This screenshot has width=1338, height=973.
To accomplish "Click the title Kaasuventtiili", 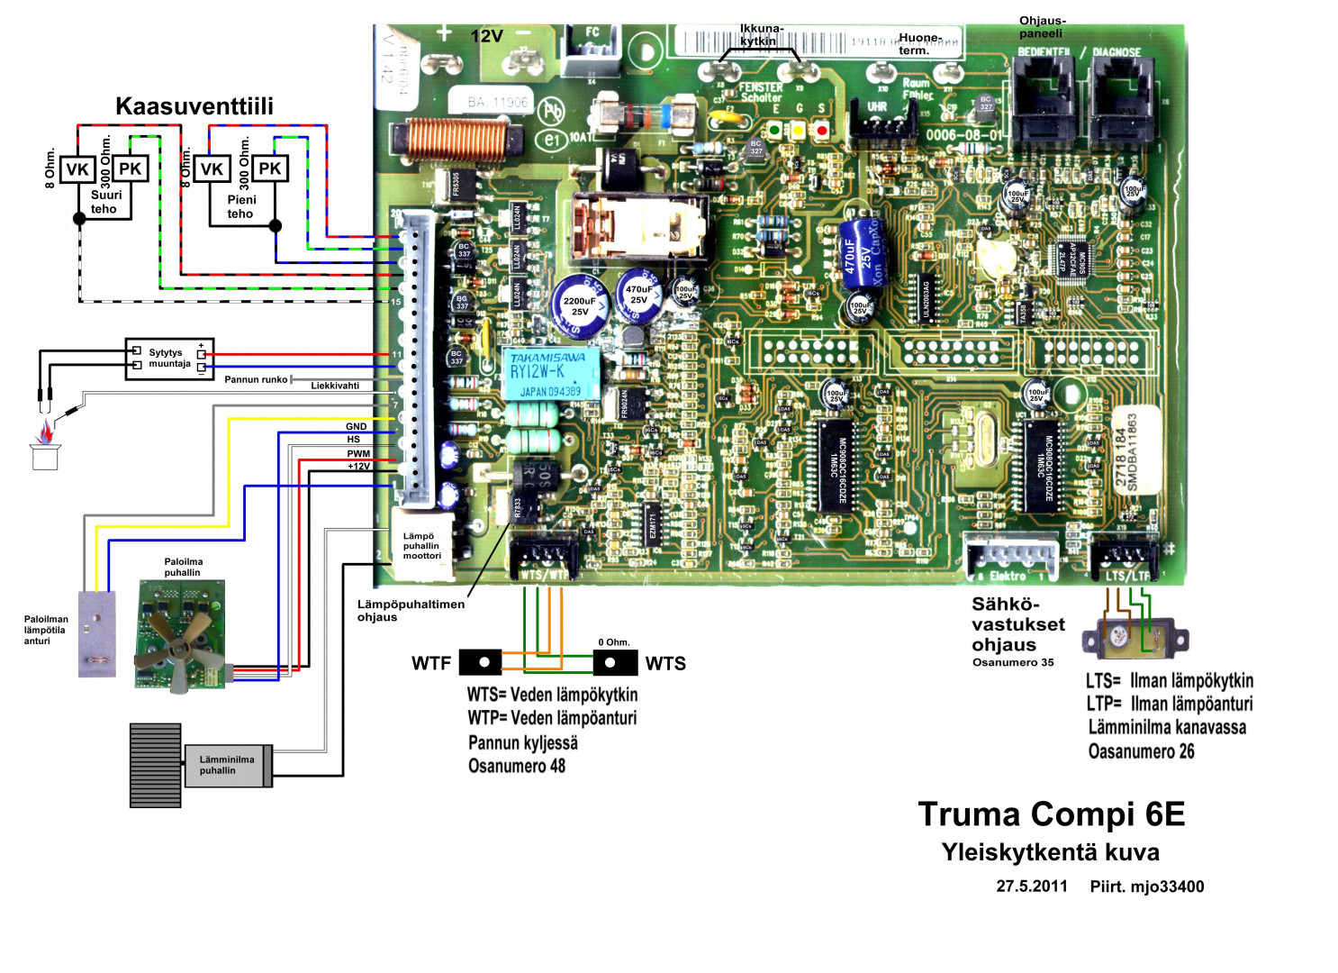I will (x=194, y=106).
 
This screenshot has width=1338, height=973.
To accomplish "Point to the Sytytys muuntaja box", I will (x=169, y=359).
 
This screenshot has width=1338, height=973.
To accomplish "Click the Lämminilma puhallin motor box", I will (x=227, y=766).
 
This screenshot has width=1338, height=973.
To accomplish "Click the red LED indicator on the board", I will (x=821, y=131).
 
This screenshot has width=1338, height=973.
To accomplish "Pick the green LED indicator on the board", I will (x=774, y=131).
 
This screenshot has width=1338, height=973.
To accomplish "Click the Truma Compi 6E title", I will (x=1051, y=814).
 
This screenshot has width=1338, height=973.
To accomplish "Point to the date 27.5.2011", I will (x=1031, y=887).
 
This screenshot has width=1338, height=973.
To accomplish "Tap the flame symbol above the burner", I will (x=43, y=434).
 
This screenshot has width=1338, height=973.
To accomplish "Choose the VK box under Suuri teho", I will (x=77, y=169).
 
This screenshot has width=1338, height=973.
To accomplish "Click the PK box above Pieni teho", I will (x=269, y=168).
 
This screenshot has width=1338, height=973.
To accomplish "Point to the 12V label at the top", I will (x=486, y=36).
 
